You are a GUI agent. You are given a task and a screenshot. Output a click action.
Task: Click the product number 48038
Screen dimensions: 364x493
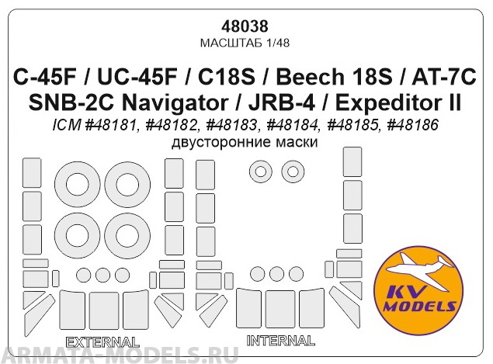click(x=245, y=24)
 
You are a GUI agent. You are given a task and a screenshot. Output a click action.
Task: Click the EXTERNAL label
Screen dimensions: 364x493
click(x=102, y=341)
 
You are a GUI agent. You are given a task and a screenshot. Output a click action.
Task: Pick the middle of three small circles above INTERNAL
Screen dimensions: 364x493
click(x=276, y=273)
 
